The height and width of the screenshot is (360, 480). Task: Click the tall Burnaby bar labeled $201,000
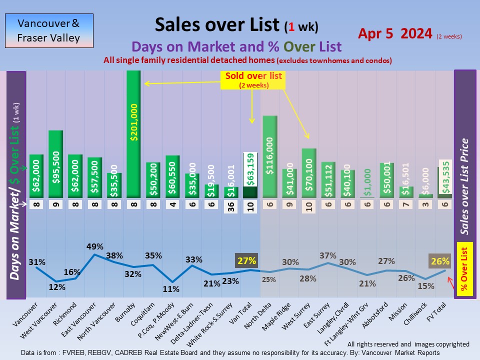134,133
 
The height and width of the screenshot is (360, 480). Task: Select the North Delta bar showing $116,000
270,156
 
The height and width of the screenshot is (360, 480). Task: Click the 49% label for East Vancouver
95,246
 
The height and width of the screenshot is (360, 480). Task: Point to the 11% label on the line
171,288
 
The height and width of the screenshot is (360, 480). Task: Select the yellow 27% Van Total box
246,260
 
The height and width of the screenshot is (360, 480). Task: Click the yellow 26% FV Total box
439,261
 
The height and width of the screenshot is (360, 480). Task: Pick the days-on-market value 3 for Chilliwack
424,204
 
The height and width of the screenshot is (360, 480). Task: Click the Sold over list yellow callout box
253,80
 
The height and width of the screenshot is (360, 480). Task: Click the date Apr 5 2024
395,34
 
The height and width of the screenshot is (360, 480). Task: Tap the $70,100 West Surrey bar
309,173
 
